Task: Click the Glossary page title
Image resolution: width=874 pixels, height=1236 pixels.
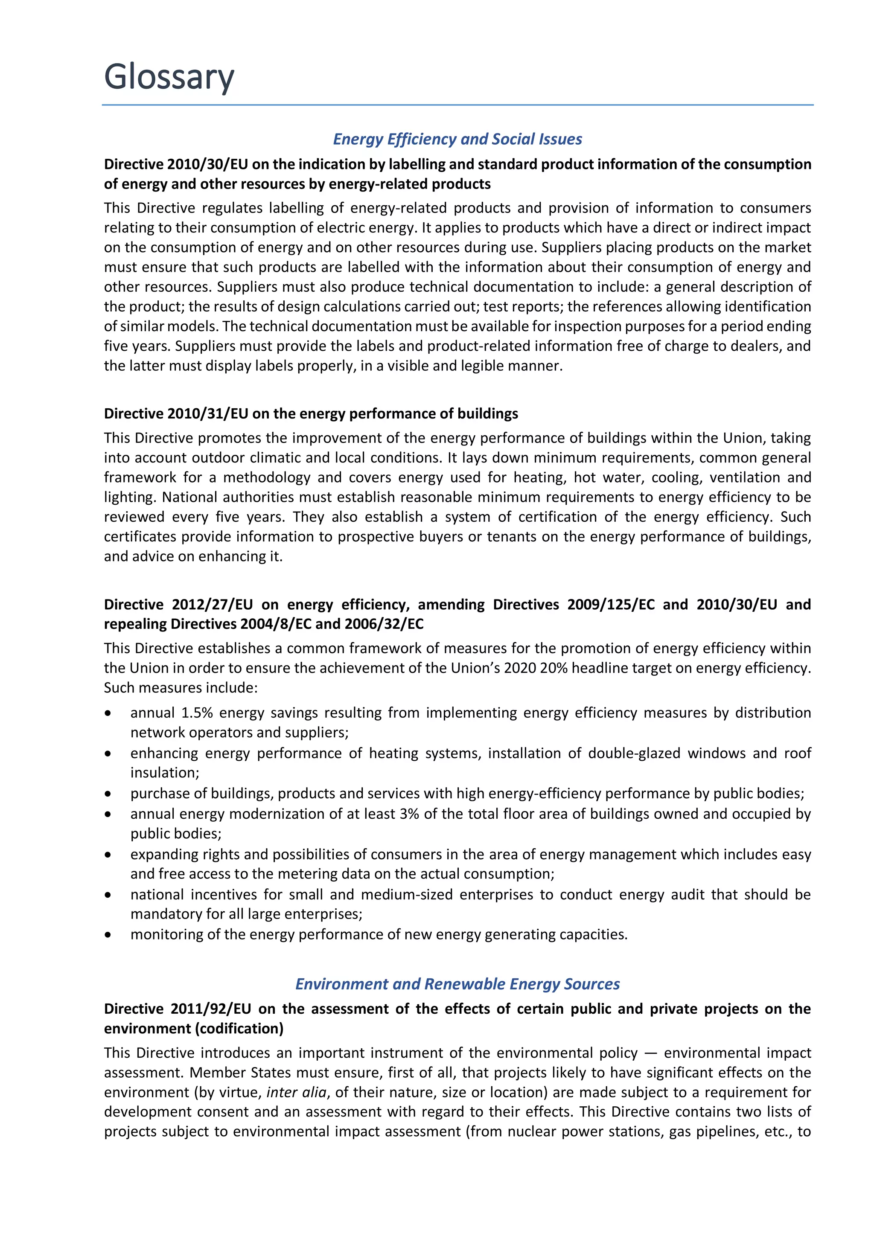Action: point(169,76)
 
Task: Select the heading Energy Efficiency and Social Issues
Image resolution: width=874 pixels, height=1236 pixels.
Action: point(457,139)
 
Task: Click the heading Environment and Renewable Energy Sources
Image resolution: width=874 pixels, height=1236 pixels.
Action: point(457,983)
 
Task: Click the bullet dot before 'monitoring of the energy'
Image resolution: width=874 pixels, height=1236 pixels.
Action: point(108,934)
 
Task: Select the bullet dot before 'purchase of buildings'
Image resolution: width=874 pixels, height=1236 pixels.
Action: point(108,794)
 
